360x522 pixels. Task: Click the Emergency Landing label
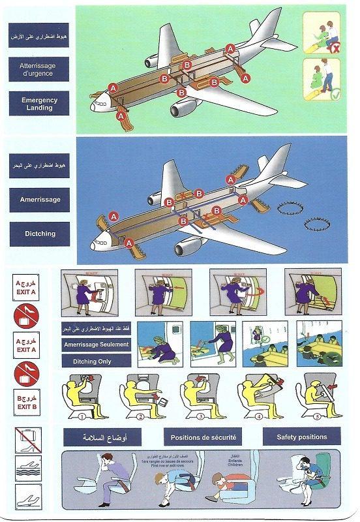[40, 104]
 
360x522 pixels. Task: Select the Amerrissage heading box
[40, 200]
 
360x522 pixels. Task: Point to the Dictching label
[40, 234]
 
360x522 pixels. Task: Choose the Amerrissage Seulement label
[95, 345]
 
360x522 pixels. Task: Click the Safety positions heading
[303, 437]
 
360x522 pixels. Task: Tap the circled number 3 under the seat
[202, 416]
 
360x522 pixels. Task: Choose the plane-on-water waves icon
[27, 468]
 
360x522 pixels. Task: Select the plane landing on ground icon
[27, 497]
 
